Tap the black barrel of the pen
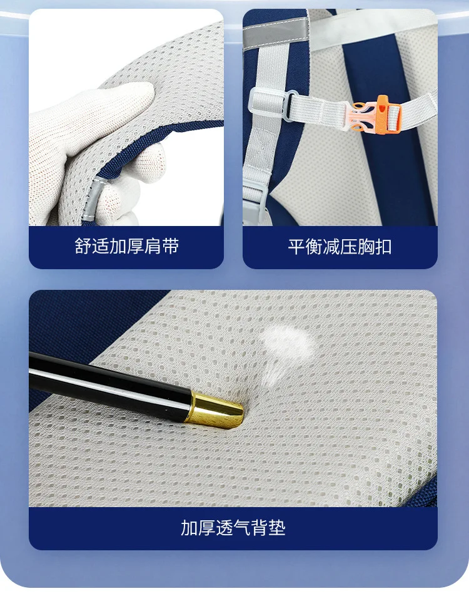(x=110, y=384)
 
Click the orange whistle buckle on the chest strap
(x=376, y=114)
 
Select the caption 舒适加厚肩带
(x=126, y=246)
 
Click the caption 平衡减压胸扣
(x=340, y=247)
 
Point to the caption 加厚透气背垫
(x=233, y=528)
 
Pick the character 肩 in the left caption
(x=153, y=246)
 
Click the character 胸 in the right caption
(x=366, y=247)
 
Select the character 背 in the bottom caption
(x=260, y=528)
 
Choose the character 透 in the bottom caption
(x=224, y=528)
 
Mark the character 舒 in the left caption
(x=83, y=246)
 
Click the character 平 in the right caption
(x=296, y=247)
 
